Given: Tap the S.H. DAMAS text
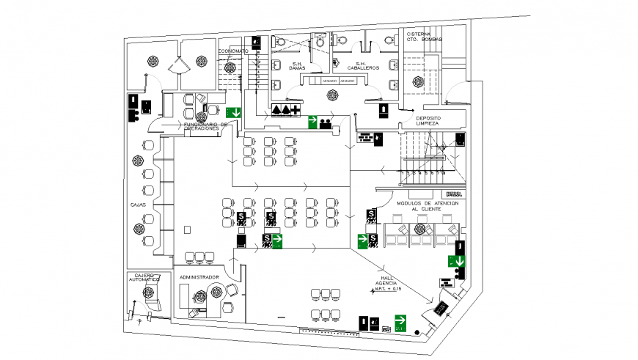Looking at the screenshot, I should [x=298, y=67].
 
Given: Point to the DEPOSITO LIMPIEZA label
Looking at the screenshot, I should [x=427, y=120].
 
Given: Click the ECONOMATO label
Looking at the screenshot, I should [x=232, y=51].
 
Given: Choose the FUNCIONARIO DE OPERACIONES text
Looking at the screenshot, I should [x=206, y=127].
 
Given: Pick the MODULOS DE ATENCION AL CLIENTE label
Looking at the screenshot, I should [x=428, y=206].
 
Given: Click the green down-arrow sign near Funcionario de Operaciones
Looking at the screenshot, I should [x=233, y=113].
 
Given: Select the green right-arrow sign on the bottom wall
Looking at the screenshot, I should [x=400, y=321].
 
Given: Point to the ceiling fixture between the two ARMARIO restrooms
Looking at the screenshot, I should [x=333, y=95].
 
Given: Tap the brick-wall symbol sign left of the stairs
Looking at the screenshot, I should [x=364, y=137].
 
